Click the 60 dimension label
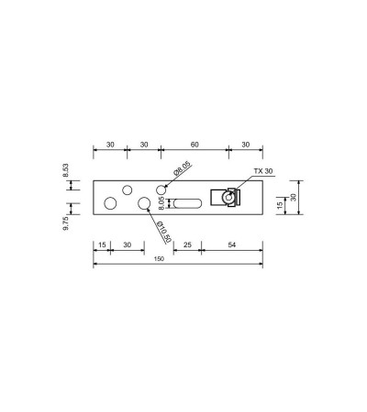point(195,145)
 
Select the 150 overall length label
point(159,259)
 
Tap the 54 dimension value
point(232,244)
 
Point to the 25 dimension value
point(187,244)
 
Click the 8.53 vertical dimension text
point(66,170)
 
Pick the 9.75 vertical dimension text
point(66,223)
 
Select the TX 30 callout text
point(263,171)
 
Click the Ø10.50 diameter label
point(163,233)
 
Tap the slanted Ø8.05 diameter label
point(182,168)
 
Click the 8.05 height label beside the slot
point(161,203)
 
